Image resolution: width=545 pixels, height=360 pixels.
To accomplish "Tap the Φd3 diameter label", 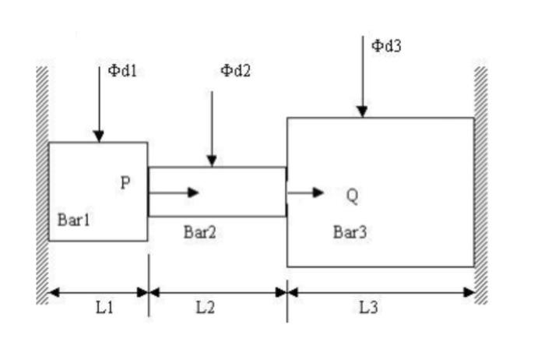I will tap(386, 45).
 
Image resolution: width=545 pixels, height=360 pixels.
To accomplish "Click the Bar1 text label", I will tap(74, 220).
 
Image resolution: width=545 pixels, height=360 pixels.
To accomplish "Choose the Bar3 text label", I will tap(350, 231).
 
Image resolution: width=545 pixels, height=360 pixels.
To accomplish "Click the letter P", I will tap(125, 183).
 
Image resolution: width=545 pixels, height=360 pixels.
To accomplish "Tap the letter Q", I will tap(352, 196).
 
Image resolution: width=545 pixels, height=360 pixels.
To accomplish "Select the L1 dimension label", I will tap(105, 307).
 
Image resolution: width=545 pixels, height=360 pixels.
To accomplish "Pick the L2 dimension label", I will tap(205, 307).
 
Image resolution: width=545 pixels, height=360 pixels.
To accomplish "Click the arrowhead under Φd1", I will tap(99, 136).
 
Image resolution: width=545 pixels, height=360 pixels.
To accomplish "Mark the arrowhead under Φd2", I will tap(212, 161).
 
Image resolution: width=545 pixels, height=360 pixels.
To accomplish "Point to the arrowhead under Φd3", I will tap(362, 111).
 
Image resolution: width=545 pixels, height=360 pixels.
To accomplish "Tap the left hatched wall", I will tap(42, 185).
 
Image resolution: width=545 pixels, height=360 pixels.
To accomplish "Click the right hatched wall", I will tap(481, 185).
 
